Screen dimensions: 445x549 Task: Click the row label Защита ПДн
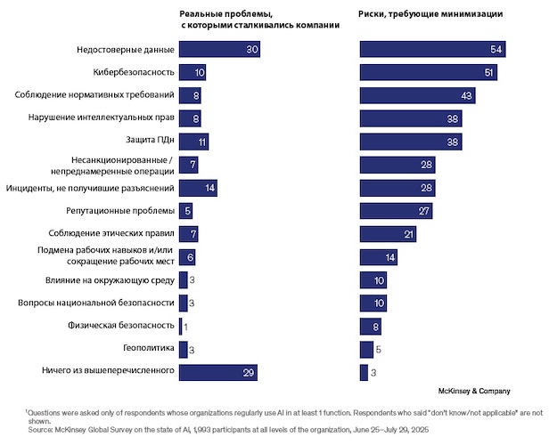[146, 142]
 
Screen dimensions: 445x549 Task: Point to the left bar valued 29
[220, 373]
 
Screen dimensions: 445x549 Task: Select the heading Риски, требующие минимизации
[430, 15]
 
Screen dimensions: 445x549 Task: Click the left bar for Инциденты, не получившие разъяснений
[198, 188]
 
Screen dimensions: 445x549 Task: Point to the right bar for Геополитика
[366, 350]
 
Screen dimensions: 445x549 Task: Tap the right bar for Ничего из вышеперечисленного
[364, 373]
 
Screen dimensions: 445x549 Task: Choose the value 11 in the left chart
[202, 142]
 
